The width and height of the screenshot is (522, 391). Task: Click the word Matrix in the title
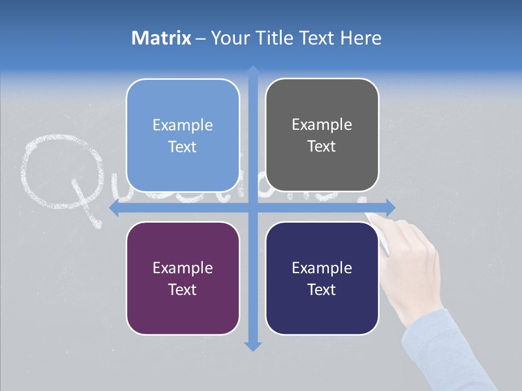click(x=161, y=38)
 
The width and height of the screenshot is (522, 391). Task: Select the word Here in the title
click(x=361, y=38)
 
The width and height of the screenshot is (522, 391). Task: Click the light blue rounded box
click(x=183, y=135)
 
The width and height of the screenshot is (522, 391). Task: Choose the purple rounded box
click(x=183, y=278)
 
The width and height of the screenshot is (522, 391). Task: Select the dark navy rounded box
click(x=322, y=278)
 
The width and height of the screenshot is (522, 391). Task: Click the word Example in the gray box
click(x=322, y=124)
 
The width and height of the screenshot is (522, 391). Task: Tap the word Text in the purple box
click(x=183, y=289)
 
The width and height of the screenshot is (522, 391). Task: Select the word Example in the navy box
click(x=322, y=268)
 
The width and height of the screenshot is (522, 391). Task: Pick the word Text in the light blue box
click(x=183, y=147)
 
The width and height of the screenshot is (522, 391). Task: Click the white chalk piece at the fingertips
click(x=375, y=218)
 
